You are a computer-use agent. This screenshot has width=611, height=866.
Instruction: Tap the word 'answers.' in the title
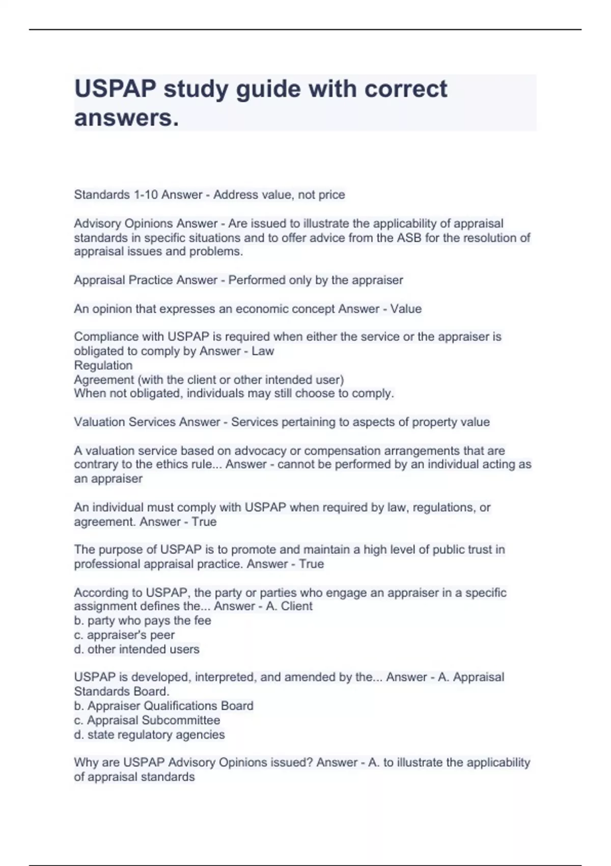click(x=127, y=118)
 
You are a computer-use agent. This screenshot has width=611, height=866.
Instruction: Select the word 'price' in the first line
click(x=331, y=195)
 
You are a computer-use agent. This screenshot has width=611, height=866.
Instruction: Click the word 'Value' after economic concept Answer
click(x=406, y=309)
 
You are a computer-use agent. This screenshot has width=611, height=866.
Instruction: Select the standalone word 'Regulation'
click(x=103, y=365)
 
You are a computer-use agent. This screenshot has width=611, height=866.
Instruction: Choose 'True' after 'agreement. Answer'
click(x=204, y=522)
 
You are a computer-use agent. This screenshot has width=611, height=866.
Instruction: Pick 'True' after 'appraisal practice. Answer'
click(x=311, y=564)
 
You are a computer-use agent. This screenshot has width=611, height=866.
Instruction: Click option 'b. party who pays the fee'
click(x=143, y=620)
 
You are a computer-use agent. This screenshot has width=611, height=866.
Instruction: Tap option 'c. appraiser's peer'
click(x=124, y=635)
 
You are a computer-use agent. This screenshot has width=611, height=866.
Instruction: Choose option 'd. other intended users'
click(x=136, y=649)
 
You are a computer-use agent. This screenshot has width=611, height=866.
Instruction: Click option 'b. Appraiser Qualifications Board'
click(x=163, y=706)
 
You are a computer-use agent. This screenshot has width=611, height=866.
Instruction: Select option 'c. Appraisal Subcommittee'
click(x=147, y=720)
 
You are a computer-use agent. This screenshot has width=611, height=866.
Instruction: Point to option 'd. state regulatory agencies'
click(x=149, y=735)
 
